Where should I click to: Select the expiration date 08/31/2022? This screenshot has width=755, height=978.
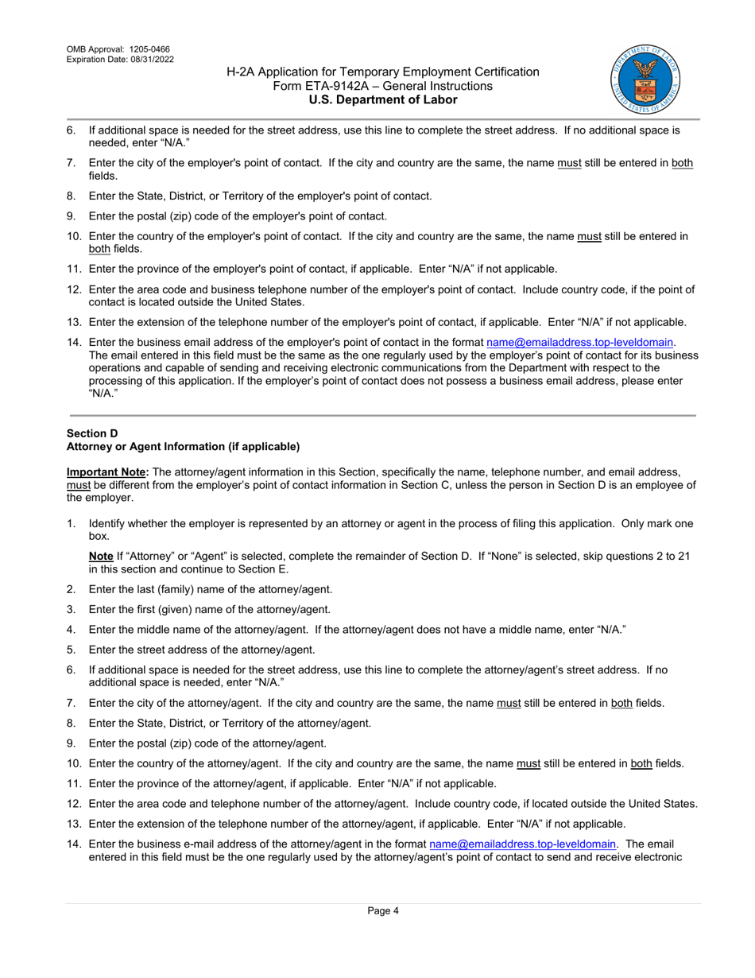(148, 60)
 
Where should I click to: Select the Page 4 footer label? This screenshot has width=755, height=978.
(383, 911)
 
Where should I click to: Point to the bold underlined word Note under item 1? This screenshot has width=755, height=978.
(100, 557)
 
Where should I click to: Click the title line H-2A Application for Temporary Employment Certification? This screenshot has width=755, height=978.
(382, 72)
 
